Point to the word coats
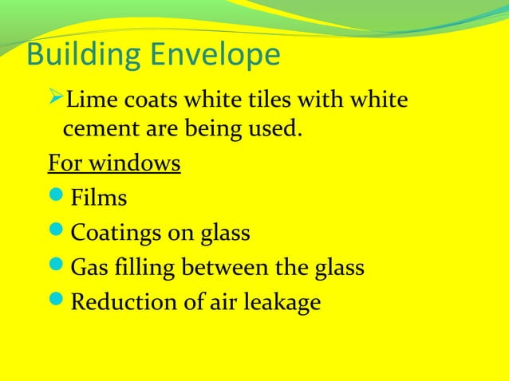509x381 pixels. (139, 102)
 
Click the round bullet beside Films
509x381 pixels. (58, 198)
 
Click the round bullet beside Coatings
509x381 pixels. (58, 234)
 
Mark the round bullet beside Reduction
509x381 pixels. (58, 304)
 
